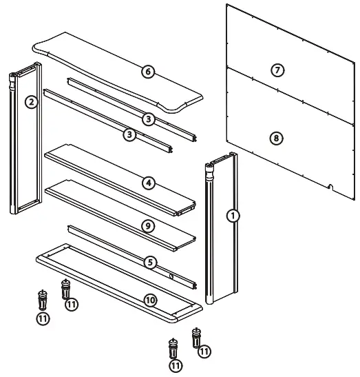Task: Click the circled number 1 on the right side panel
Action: pyautogui.click(x=233, y=215)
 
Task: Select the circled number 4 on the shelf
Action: pyautogui.click(x=148, y=183)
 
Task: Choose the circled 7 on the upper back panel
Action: pyautogui.click(x=277, y=70)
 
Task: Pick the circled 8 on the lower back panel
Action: pyautogui.click(x=275, y=138)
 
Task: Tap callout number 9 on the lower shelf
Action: pyautogui.click(x=148, y=225)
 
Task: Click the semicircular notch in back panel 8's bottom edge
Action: pyautogui.click(x=332, y=185)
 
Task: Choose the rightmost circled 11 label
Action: pyautogui.click(x=204, y=351)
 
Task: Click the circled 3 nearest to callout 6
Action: pyautogui.click(x=148, y=119)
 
